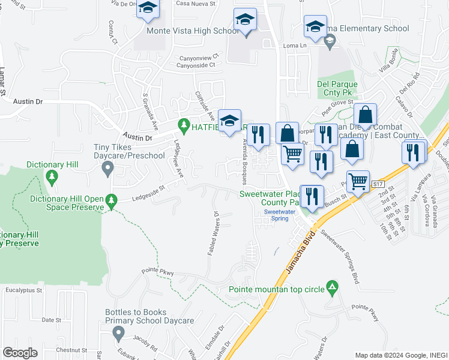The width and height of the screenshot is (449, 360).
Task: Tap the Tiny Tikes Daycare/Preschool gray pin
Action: pos(107,169)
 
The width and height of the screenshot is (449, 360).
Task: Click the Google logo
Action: pos(20,353)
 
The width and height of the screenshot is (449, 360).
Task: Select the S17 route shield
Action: pos(378,183)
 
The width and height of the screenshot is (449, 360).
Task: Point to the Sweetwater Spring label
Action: pos(279,215)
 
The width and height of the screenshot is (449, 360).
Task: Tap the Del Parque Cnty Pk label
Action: pos(337,88)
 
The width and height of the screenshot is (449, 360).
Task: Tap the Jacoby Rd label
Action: pos(145,340)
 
